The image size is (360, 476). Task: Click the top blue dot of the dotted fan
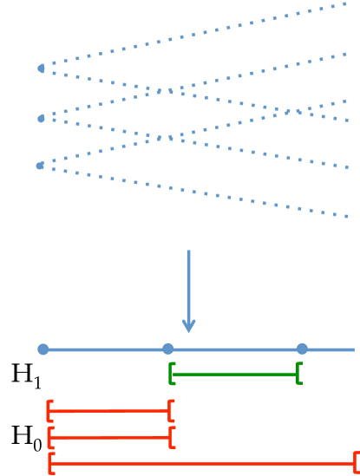41,68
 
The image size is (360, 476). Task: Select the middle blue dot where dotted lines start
41,118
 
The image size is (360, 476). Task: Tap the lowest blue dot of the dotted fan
40,165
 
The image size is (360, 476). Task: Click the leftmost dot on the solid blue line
43,349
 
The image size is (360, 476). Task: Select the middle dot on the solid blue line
168,349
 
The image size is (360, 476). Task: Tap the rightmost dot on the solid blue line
302,349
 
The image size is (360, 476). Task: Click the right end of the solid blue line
354,349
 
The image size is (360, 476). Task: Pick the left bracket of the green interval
172,374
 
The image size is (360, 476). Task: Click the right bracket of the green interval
298,374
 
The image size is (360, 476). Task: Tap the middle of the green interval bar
235,375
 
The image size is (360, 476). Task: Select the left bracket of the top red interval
49,410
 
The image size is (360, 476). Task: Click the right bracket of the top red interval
172,410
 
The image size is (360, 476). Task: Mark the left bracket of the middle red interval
49,437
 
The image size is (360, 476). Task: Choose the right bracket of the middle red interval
172,437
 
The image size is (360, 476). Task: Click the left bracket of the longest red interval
51,463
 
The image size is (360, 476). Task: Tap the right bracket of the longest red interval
357,462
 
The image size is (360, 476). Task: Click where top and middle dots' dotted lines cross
170,90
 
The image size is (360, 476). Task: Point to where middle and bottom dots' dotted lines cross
170,138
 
